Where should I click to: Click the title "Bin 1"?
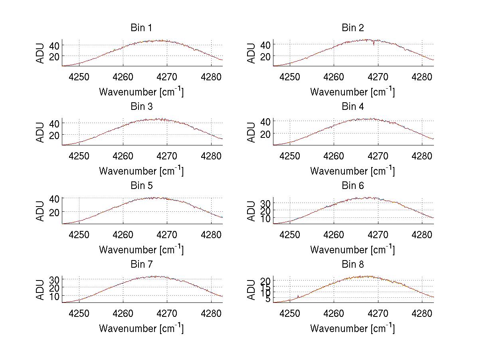point(141,28)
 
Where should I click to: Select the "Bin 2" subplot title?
point(352,28)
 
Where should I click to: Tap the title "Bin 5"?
point(141,186)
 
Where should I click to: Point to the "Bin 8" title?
point(352,265)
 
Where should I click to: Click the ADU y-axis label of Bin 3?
point(41,131)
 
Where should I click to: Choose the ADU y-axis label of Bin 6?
point(252,211)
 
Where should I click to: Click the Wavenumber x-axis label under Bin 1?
point(141,92)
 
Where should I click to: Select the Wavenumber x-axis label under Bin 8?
point(352,328)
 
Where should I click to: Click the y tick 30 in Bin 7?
point(54,279)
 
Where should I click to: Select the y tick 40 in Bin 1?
point(54,45)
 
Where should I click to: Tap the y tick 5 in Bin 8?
point(267,299)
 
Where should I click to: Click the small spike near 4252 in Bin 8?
point(298,296)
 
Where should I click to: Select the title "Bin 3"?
point(141,107)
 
